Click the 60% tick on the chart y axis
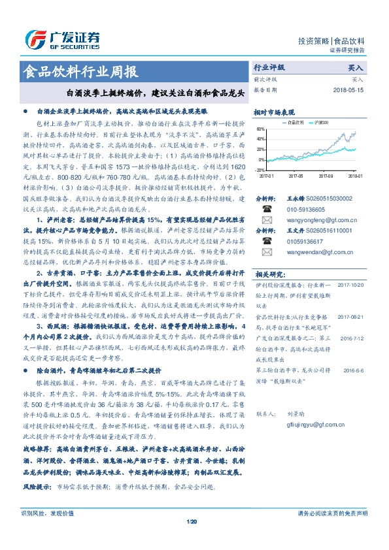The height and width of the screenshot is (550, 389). click(260, 129)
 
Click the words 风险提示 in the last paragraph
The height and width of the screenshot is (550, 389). click(37, 487)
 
